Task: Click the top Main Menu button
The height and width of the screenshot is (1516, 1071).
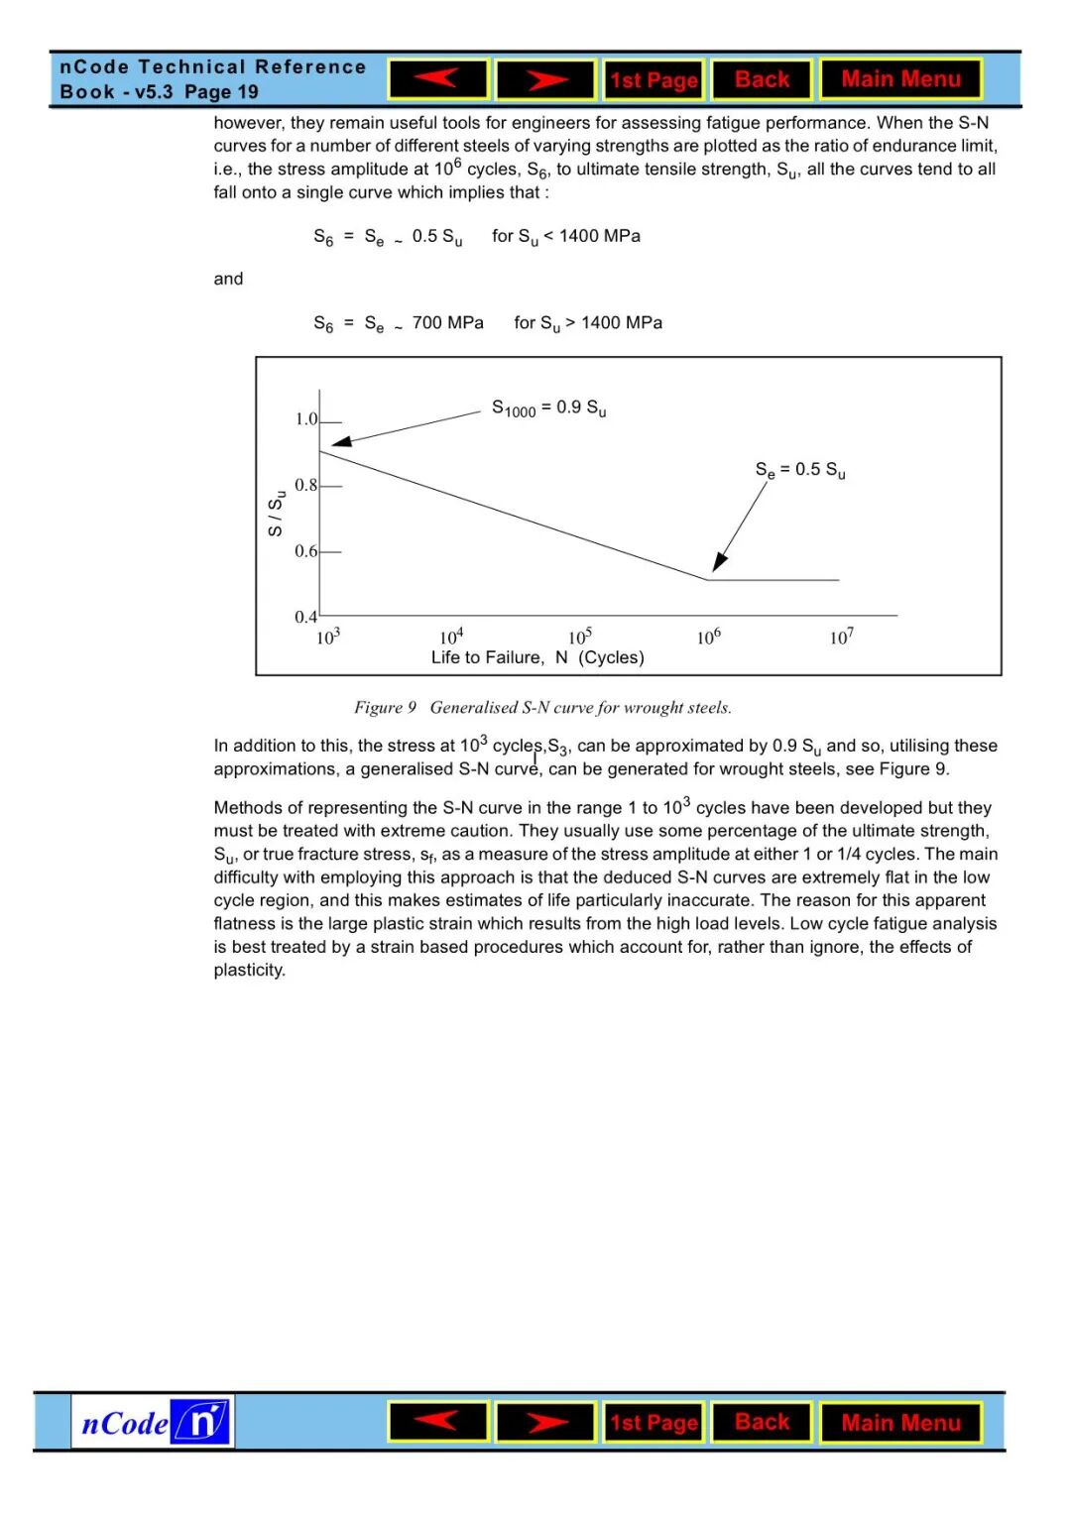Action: [x=900, y=79]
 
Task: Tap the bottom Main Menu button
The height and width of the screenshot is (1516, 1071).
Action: [x=900, y=1423]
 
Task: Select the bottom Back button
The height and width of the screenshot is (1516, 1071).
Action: [x=762, y=1423]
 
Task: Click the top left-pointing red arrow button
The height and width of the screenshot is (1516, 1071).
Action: [x=437, y=79]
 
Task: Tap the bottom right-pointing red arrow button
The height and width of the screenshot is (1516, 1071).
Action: [x=545, y=1423]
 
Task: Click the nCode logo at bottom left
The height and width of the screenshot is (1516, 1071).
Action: [x=153, y=1423]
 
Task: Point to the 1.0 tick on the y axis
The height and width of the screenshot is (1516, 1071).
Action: [x=306, y=419]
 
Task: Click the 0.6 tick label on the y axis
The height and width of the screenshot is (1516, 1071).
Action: [x=305, y=551]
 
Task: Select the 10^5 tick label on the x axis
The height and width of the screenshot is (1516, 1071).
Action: [x=580, y=637]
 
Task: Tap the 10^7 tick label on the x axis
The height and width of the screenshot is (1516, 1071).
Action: [x=841, y=637]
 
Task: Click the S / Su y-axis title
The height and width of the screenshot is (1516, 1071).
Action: [x=277, y=513]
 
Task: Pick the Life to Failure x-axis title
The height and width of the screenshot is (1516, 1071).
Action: [x=537, y=657]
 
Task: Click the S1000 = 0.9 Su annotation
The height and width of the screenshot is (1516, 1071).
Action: [x=548, y=408]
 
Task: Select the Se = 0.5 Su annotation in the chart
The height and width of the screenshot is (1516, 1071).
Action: [x=800, y=470]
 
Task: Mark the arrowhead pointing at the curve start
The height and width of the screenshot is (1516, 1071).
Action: [x=341, y=441]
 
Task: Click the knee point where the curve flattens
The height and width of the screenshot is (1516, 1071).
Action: [x=707, y=579]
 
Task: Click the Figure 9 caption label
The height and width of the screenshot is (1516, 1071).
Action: [x=386, y=707]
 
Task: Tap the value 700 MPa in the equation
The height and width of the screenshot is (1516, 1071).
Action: [x=447, y=323]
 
